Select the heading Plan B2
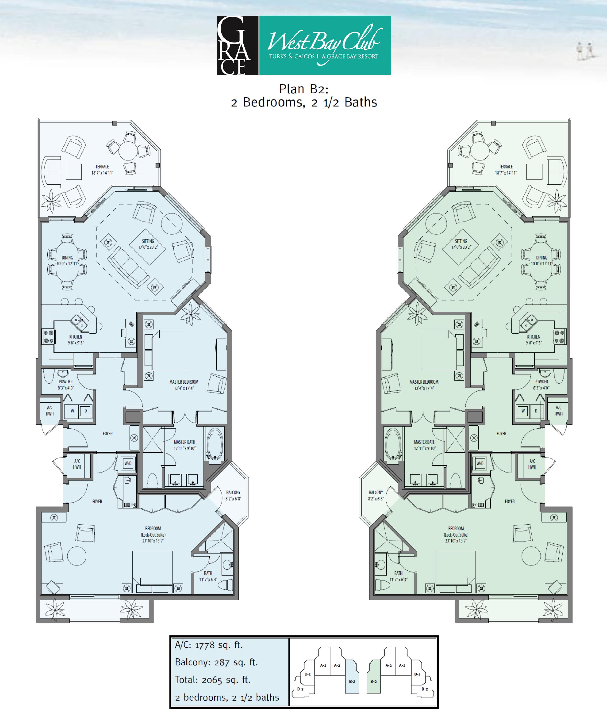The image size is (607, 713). point(304,89)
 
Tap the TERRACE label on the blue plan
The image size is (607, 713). point(102,167)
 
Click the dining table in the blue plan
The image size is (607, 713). point(67,262)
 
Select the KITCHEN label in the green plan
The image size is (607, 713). point(533,337)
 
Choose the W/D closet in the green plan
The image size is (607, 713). point(480,463)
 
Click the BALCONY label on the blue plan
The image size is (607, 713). point(233,492)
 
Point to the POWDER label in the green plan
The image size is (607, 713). point(541,381)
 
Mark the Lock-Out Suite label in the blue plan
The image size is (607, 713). point(153,535)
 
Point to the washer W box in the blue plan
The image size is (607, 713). point(72,411)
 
